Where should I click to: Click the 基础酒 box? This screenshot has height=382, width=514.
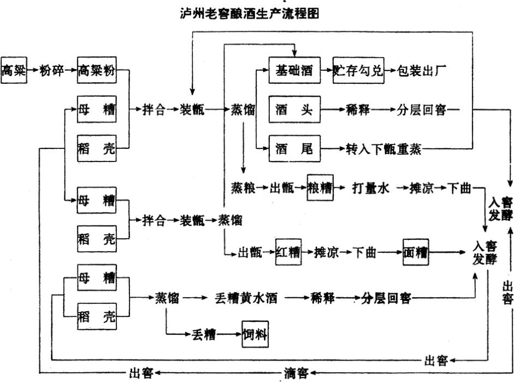(x=294, y=70)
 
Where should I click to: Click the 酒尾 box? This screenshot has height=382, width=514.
(x=294, y=148)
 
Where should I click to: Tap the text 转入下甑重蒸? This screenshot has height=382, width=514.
(x=383, y=149)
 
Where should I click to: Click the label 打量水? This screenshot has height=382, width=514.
(x=370, y=188)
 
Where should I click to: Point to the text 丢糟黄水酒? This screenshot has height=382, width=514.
(x=247, y=299)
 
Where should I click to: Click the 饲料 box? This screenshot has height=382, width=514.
(x=256, y=334)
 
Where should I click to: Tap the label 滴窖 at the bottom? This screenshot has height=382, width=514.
(x=296, y=373)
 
